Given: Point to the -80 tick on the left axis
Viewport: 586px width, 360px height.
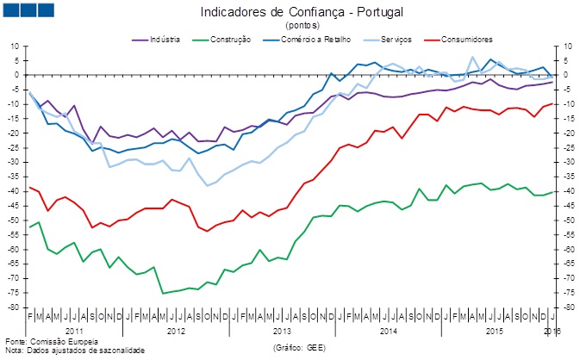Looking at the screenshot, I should pos(15,307).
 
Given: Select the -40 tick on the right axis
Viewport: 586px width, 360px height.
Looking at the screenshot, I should pos(569,191).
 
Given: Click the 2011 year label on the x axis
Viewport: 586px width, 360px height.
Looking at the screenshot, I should pos(75,331).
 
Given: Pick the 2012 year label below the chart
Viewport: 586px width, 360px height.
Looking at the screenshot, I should pos(176,331).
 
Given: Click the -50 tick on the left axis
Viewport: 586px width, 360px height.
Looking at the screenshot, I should pos(15,220).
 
